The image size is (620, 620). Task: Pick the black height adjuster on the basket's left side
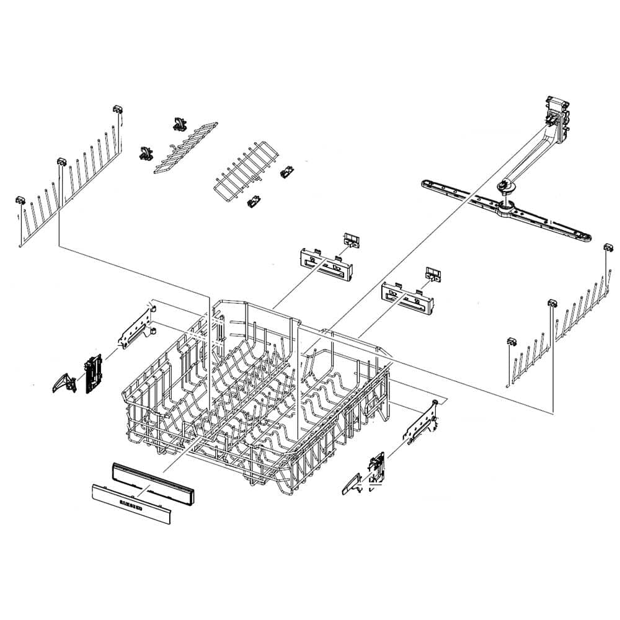tap(92, 374)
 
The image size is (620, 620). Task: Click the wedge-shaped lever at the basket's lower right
tap(352, 484)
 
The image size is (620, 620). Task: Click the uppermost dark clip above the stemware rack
tap(179, 123)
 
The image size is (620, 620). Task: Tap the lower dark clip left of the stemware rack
tap(146, 153)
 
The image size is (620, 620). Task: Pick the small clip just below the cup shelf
tap(252, 201)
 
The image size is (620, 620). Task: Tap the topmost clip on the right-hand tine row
tap(608, 248)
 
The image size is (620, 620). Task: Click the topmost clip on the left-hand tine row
tap(117, 109)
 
